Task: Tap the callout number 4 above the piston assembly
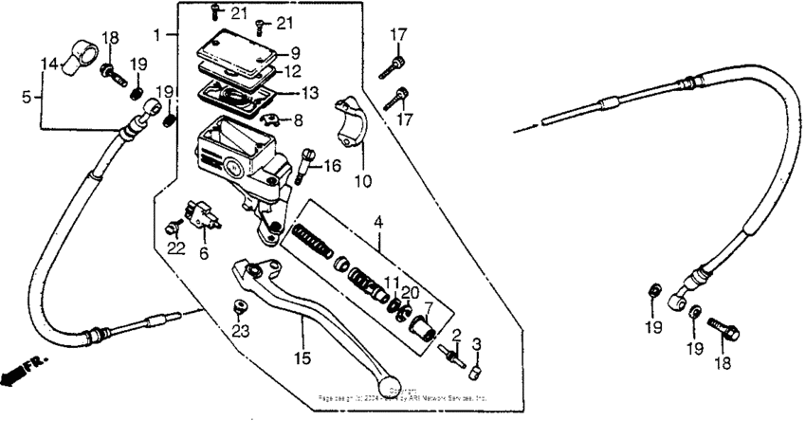click(x=378, y=223)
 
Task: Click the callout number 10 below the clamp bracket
click(x=362, y=178)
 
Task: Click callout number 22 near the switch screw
click(x=174, y=248)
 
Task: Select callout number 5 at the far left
click(x=27, y=95)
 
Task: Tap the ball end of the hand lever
click(x=387, y=380)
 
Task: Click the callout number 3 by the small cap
click(x=477, y=343)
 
